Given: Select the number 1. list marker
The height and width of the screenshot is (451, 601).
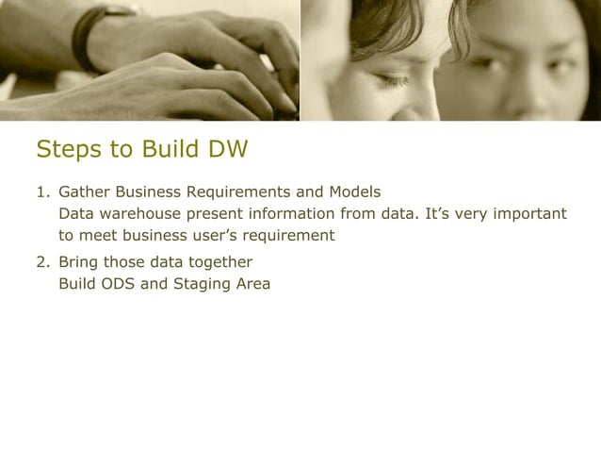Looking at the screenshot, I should (43, 192).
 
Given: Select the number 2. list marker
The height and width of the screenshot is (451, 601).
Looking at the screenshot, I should (43, 261).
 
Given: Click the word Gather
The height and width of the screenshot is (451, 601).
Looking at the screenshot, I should (84, 192).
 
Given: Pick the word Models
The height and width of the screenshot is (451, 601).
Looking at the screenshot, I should (353, 192).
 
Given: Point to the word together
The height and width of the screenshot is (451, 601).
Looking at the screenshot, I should (219, 261).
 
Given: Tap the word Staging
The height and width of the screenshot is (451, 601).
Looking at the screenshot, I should (202, 282).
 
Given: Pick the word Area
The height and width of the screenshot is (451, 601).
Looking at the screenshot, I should (252, 282).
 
